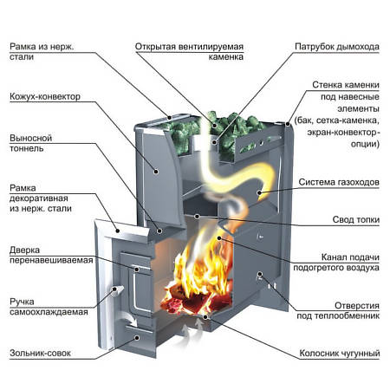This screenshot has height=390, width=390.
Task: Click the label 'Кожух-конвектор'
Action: [x=45, y=96]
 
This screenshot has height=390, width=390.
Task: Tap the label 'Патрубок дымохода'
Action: [x=337, y=47]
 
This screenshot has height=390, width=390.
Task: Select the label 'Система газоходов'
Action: [x=339, y=182]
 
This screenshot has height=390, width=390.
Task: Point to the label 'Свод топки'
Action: [x=355, y=219]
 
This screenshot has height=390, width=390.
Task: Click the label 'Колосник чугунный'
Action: [x=339, y=353]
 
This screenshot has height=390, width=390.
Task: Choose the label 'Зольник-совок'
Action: [x=40, y=353]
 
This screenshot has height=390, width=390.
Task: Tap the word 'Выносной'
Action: [x=30, y=138]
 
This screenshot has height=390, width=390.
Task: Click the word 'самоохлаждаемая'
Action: [x=49, y=312]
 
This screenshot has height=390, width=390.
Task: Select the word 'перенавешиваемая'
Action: [x=51, y=260]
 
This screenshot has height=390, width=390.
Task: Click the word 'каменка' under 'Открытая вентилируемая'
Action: [x=226, y=57]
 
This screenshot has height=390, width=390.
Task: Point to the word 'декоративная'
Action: [x=39, y=198]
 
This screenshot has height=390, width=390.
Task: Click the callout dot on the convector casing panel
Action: [x=156, y=172]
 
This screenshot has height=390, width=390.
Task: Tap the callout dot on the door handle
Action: [x=114, y=289]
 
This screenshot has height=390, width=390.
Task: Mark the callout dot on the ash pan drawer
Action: [x=137, y=338]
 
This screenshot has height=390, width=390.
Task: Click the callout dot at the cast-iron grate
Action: [x=205, y=317]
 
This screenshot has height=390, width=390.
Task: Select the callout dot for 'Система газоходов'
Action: [x=259, y=192]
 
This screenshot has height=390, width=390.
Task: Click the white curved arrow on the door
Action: [x=129, y=317]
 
